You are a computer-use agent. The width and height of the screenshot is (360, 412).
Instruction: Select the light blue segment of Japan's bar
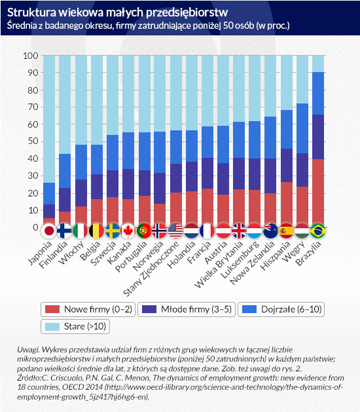coord(49,119)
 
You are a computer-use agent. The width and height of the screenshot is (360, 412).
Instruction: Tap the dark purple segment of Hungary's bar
coord(302,170)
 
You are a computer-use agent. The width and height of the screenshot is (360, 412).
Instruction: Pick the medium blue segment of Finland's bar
coord(65,171)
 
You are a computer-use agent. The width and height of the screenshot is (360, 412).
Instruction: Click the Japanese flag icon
coord(49,231)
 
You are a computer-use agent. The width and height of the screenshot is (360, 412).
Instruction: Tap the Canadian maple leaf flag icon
coord(128,231)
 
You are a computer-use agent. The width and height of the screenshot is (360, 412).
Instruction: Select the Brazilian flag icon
coord(317,231)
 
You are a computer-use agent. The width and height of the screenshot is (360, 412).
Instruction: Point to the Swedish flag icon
coord(113,231)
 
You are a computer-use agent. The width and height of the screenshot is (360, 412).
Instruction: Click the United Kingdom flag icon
coord(239,231)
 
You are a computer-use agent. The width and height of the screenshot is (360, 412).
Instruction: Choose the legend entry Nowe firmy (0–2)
coord(88,309)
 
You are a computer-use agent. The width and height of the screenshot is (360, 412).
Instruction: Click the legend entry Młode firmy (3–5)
coord(187,309)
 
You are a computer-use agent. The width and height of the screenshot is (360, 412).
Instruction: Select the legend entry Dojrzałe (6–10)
coord(281,309)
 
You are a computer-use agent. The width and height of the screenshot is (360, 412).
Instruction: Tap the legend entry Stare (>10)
coord(75,326)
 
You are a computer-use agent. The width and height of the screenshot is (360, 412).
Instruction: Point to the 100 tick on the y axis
coord(31,56)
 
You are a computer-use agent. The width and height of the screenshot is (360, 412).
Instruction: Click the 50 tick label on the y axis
coord(33,141)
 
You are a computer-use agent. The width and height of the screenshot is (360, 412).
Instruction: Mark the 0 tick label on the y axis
coord(36,227)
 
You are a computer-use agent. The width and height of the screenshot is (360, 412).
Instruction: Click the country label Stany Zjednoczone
coord(151,269)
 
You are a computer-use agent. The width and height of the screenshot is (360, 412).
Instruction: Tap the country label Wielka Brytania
coord(219,265)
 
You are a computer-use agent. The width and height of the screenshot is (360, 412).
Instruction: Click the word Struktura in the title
coord(31,12)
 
